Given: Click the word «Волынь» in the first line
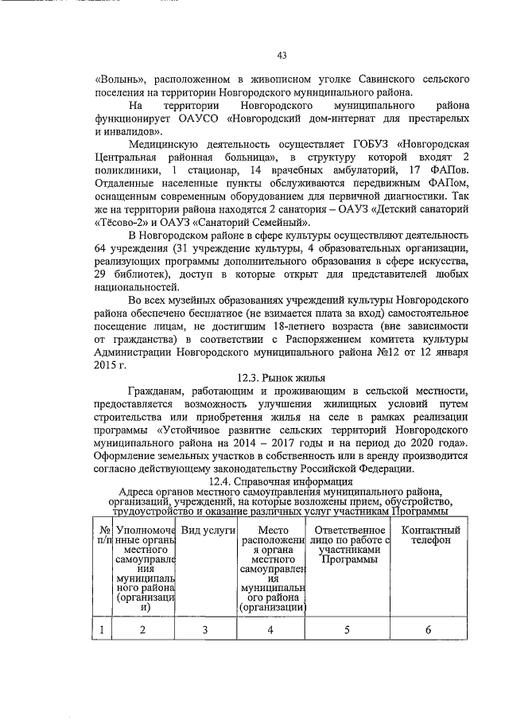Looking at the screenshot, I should pyautogui.click(x=119, y=80).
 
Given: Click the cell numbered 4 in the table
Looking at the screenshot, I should pyautogui.click(x=270, y=631).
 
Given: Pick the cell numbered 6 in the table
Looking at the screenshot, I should pyautogui.click(x=429, y=631).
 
